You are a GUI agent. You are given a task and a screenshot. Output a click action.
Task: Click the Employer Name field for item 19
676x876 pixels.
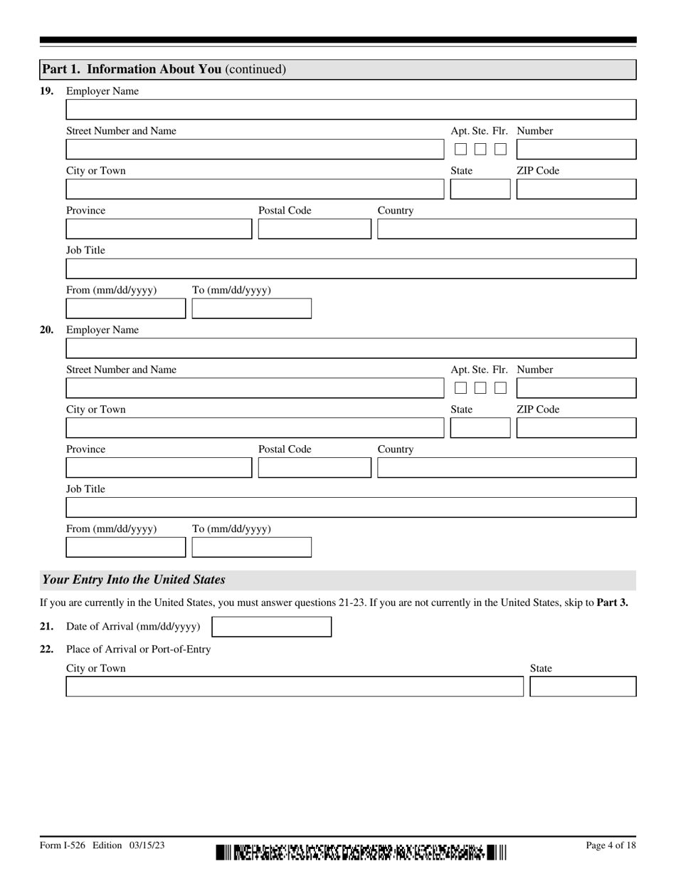click(x=351, y=110)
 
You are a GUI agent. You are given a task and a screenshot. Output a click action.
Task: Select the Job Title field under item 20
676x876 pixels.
click(x=351, y=508)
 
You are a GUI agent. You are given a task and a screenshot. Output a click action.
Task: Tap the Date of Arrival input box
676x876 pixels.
click(x=272, y=627)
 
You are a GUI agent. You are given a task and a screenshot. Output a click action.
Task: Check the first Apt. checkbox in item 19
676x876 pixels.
click(x=460, y=150)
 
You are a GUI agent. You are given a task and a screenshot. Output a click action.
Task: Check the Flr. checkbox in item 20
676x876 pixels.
click(x=500, y=388)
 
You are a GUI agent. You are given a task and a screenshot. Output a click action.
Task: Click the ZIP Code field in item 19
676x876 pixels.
click(x=576, y=189)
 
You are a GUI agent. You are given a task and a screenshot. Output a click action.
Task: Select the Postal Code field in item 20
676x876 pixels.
click(x=315, y=468)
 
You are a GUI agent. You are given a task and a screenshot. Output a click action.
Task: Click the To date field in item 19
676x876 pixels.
click(x=251, y=308)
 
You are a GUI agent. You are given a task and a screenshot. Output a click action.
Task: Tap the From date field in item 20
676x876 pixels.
click(x=125, y=547)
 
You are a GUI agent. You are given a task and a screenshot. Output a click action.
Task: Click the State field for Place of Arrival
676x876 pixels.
click(x=583, y=687)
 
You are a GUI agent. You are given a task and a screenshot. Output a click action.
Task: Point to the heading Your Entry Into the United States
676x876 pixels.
click(x=134, y=580)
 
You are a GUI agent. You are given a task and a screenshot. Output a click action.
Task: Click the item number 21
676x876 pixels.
click(x=46, y=627)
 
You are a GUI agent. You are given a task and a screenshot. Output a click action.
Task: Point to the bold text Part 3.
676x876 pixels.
click(x=612, y=603)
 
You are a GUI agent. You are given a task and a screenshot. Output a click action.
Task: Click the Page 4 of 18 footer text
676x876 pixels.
click(x=611, y=845)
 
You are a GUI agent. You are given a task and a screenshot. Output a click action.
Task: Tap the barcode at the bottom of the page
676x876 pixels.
click(x=361, y=852)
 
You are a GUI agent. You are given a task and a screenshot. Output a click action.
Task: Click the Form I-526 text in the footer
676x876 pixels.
click(x=63, y=845)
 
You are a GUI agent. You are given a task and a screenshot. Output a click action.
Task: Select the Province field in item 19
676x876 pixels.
click(x=159, y=229)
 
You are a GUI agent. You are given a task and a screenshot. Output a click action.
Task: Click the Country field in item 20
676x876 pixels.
click(x=506, y=468)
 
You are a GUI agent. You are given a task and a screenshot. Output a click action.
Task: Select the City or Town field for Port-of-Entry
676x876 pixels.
click(x=295, y=687)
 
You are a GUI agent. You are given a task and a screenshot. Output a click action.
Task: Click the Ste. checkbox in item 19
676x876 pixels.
click(x=480, y=150)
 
